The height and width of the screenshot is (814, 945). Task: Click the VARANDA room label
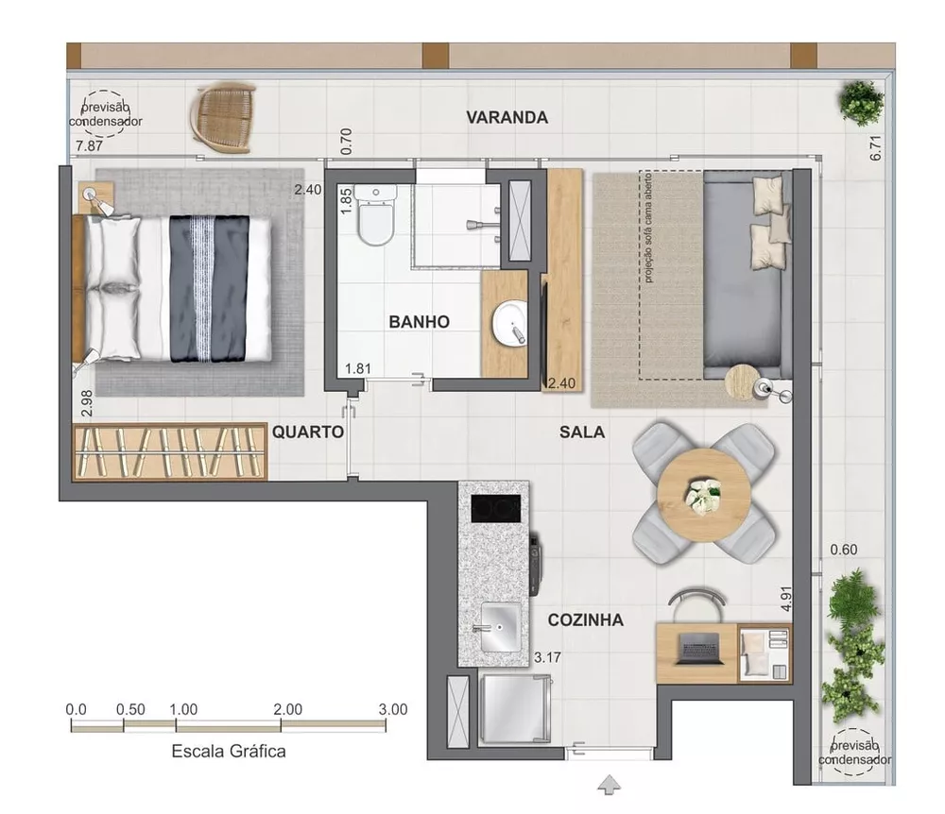tap(507, 118)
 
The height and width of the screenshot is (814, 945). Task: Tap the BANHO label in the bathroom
tap(419, 322)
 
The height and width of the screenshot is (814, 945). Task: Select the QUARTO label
tap(307, 432)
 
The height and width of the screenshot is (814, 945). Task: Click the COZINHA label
tap(586, 620)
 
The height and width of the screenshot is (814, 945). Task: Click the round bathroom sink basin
tap(509, 324)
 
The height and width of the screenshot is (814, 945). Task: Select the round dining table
tap(704, 494)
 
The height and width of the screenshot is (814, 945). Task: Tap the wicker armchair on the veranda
tap(224, 116)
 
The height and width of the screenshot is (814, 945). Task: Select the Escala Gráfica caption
tap(229, 752)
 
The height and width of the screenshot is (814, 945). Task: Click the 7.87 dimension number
tap(89, 146)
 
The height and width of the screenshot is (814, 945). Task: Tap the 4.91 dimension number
tap(784, 602)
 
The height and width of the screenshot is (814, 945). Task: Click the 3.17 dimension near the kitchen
tap(547, 656)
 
